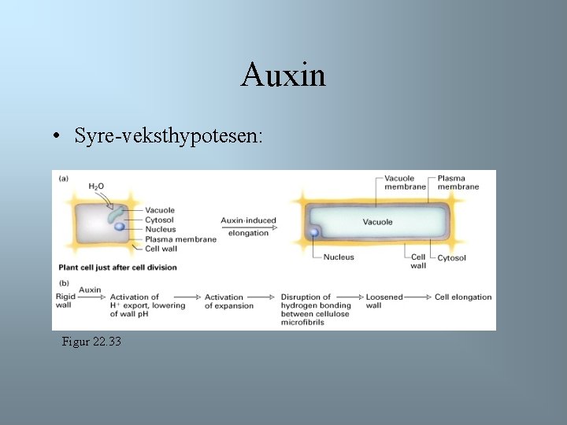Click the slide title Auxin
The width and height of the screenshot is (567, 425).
coord(283,76)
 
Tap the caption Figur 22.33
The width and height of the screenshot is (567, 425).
coord(91,342)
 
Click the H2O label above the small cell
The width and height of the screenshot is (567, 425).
coord(96,187)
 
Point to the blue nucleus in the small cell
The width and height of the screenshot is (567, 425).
coord(119,227)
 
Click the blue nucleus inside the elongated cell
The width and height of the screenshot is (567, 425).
coord(314,232)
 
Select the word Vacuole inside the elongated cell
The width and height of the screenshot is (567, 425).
coord(377,222)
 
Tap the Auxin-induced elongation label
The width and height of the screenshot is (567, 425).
coord(248,226)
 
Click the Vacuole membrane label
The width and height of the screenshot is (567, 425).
coord(405,183)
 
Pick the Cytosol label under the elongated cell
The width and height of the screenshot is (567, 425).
coord(451,257)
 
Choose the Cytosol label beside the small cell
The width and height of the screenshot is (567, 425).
coord(160,220)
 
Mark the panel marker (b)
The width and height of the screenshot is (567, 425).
coord(64,283)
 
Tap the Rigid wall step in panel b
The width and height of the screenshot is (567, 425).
coord(65,301)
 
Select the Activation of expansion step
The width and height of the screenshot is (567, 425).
coord(228,301)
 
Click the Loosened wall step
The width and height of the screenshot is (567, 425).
coord(384,301)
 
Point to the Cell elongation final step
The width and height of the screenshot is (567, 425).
coord(463,297)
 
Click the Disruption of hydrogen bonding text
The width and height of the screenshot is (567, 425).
coord(315,305)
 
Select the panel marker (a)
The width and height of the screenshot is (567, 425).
coord(64,178)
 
